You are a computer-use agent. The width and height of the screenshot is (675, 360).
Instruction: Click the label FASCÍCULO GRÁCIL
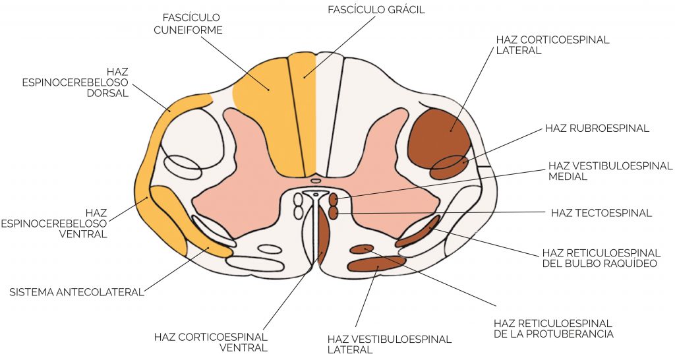tap(376, 9)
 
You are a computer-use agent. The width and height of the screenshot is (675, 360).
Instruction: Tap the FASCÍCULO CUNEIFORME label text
tap(188, 24)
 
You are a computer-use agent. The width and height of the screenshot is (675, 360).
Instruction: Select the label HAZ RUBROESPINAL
tap(597, 129)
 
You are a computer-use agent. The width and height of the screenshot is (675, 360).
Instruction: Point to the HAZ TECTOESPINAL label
tap(601, 213)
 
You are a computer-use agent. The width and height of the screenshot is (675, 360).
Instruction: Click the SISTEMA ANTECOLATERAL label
tap(76, 292)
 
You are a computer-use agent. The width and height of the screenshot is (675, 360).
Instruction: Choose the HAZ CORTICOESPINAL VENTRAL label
tap(211, 342)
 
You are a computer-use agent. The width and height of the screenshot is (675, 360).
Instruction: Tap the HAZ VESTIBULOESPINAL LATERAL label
tap(390, 344)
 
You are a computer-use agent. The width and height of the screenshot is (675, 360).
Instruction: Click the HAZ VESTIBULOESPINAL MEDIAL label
tap(610, 171)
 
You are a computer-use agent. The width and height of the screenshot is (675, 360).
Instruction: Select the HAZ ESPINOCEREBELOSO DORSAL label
tap(75, 82)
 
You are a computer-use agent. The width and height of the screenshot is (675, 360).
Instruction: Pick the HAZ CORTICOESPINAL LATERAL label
tap(553, 45)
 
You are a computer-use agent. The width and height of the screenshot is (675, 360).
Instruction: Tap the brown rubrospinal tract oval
tap(450, 167)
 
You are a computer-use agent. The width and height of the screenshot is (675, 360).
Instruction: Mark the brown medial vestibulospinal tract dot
tap(334, 199)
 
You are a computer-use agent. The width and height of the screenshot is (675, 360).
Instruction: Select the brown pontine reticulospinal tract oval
tap(362, 249)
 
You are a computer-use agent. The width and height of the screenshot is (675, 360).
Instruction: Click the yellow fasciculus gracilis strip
tap(303, 113)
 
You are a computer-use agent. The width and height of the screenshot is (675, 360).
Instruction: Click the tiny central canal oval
tap(316, 181)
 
